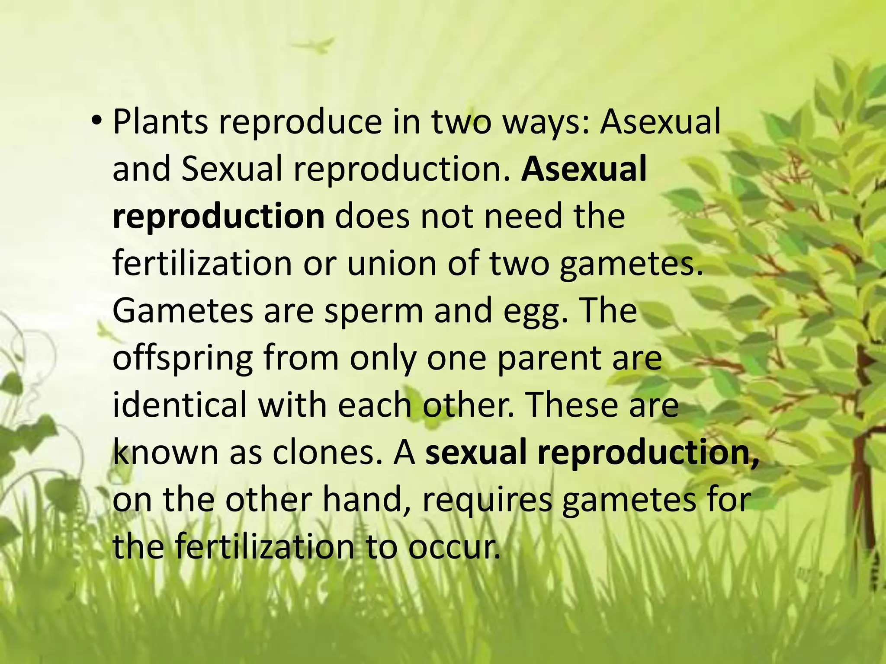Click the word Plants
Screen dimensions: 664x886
[x=161, y=122]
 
